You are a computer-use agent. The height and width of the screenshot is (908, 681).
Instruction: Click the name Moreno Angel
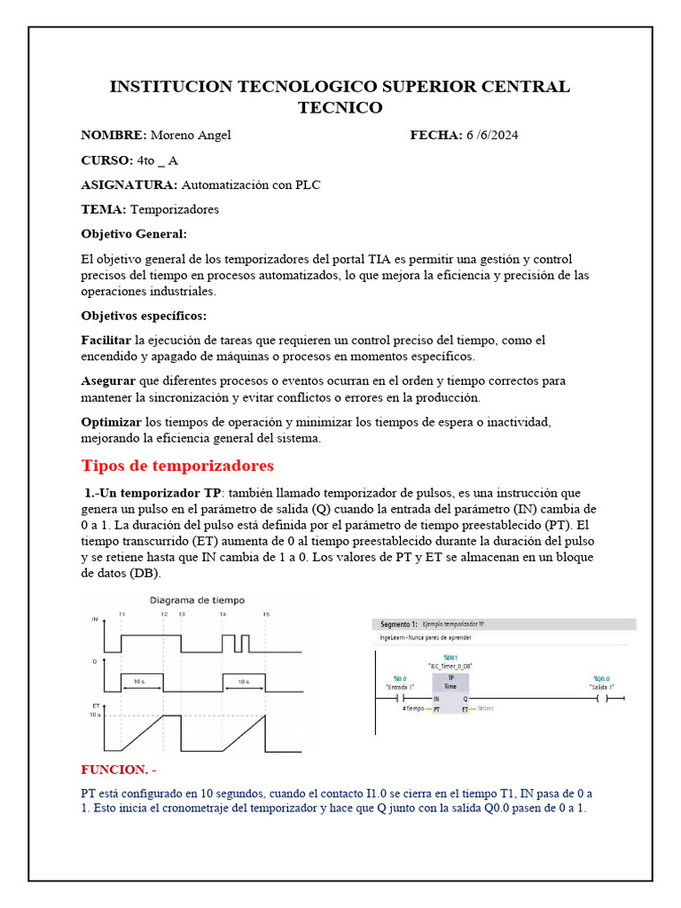[x=191, y=135]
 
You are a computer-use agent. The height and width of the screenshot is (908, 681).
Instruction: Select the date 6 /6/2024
[x=492, y=135]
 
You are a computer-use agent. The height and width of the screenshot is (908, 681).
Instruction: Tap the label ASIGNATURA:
[x=129, y=184]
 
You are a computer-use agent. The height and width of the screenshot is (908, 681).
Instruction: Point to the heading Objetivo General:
[x=134, y=234]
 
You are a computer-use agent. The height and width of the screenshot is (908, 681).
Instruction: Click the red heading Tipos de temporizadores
[x=177, y=466]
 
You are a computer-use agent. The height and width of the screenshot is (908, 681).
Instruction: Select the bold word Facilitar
[x=106, y=340]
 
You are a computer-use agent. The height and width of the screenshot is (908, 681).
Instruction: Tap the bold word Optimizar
[x=111, y=422]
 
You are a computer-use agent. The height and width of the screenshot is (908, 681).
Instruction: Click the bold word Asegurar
[x=109, y=381]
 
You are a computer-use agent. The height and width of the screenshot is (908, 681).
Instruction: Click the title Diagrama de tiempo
[x=196, y=600]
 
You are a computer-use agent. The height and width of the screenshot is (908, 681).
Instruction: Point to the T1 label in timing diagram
[x=121, y=614]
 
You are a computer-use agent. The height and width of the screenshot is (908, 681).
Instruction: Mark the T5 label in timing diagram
[x=265, y=614]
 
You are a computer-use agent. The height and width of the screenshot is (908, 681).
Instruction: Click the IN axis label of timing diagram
[x=95, y=620]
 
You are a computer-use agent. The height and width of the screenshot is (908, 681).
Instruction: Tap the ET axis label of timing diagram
[x=95, y=705]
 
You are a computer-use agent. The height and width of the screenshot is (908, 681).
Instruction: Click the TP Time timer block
[x=450, y=681]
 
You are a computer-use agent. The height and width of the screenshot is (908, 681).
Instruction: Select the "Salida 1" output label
[x=602, y=686]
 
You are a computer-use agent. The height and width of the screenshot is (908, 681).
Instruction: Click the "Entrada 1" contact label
[x=400, y=686]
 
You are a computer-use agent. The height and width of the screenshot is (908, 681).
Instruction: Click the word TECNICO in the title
[x=340, y=107]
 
